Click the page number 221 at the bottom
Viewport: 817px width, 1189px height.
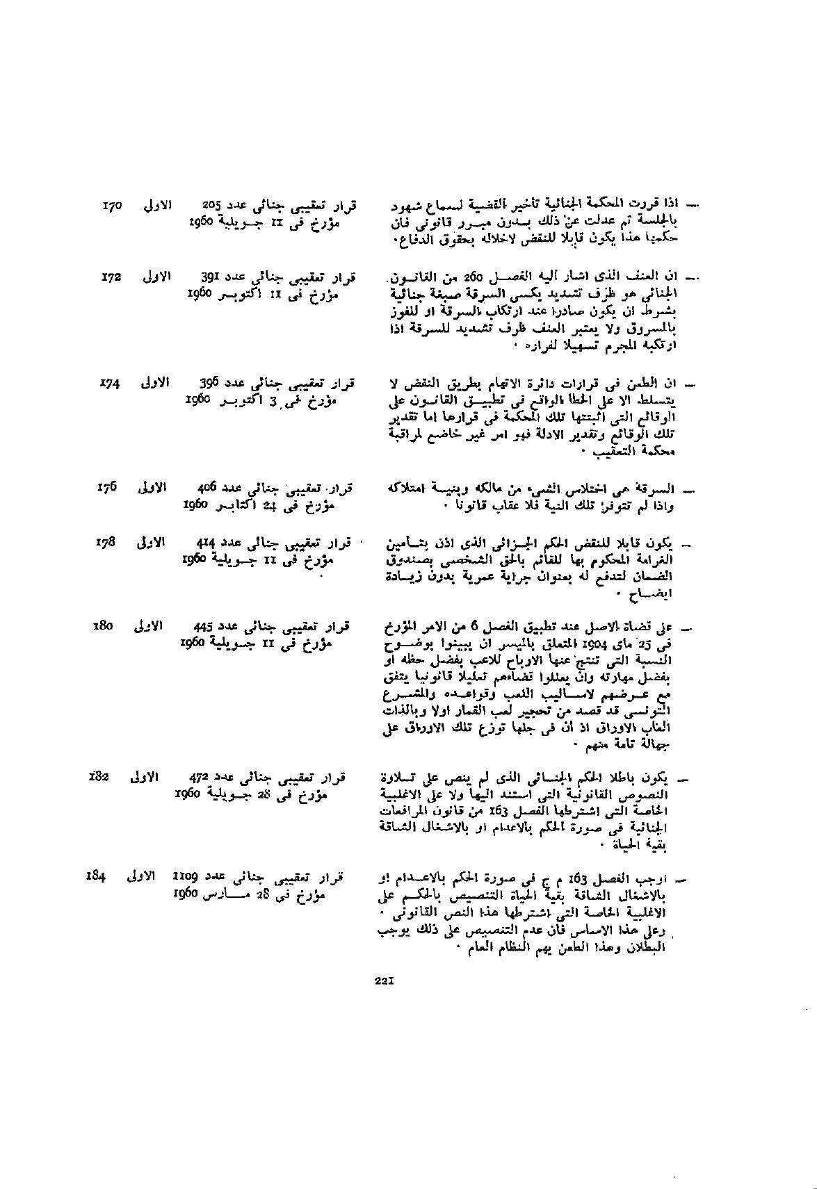pos(385,981)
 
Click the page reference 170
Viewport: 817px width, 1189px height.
pos(112,206)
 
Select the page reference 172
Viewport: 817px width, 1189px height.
pos(111,277)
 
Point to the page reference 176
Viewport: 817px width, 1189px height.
pos(108,487)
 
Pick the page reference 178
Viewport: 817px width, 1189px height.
pos(106,542)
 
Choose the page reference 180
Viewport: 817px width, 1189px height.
pos(103,626)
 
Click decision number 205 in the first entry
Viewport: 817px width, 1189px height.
pos(211,206)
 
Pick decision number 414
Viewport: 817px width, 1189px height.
pos(207,543)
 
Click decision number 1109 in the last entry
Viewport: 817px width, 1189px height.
pos(186,876)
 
